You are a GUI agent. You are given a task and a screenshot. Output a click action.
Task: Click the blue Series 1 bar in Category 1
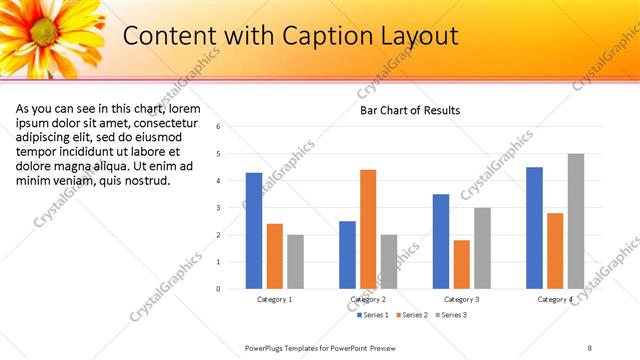[x=254, y=231]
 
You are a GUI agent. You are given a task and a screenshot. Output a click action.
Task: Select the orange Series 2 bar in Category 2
[x=368, y=229]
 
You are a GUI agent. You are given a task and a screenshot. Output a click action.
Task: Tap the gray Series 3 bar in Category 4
[x=575, y=221]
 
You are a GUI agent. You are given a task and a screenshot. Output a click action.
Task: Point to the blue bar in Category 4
[x=534, y=228]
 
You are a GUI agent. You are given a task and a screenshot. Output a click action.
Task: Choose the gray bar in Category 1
[x=295, y=262]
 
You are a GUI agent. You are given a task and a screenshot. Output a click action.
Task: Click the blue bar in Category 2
[x=347, y=255]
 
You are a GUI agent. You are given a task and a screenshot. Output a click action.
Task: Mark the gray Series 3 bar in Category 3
[x=482, y=248]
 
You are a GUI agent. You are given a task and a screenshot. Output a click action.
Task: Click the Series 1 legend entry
[x=373, y=315]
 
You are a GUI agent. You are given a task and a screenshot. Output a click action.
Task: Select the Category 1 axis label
[x=275, y=299]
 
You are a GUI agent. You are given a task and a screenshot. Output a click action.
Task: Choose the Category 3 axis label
[x=462, y=299]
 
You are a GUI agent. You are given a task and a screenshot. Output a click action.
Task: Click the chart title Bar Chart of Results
[x=410, y=110]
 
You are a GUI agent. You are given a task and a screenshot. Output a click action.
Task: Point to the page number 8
[x=590, y=346]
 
